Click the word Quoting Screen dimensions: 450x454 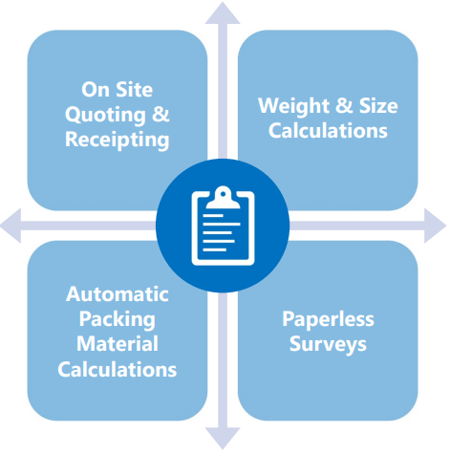pos(105,116)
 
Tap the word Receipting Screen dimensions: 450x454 pos(118,141)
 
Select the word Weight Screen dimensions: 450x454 pos(294,106)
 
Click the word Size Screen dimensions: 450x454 pos(378,106)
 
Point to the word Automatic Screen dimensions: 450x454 pos(118,293)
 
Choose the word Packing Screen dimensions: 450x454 pos(118,319)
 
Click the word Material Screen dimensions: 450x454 pos(118,344)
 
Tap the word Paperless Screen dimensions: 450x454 pos(328,319)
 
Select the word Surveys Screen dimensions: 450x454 pos(328,345)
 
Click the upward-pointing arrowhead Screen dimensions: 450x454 pos(223,12)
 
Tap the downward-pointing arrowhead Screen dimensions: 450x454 pos(223,439)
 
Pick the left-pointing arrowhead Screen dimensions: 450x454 pos(11,226)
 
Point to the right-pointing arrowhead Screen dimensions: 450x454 pos(436,226)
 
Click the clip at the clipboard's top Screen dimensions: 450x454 pos(223,198)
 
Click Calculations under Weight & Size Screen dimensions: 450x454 pos(328,131)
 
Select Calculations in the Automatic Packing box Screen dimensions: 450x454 pos(118,370)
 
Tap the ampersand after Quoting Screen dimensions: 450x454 pos(161,114)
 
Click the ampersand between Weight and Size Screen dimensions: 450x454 pos(344,105)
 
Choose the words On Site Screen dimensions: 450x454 pos(118,90)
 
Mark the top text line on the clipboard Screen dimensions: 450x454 pos(213,216)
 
